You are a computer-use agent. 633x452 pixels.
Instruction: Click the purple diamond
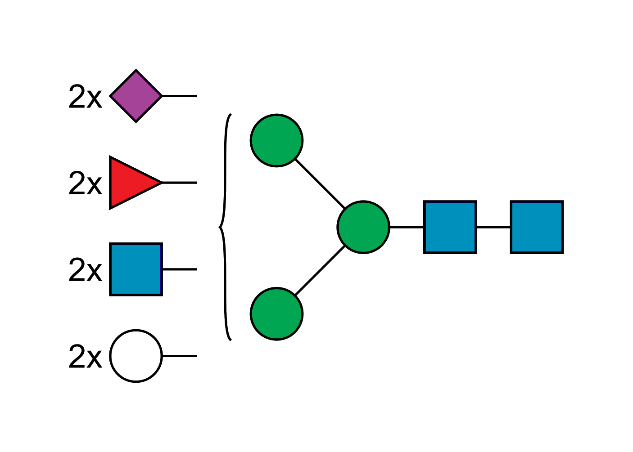point(136,96)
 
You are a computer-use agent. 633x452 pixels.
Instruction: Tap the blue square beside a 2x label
point(136,269)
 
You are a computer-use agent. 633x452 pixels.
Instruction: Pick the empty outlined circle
point(136,356)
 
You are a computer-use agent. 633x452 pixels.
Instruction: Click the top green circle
point(276,140)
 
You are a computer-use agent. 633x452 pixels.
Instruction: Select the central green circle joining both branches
point(363,227)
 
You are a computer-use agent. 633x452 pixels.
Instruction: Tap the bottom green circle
point(276,313)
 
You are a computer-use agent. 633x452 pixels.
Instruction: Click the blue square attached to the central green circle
point(450,227)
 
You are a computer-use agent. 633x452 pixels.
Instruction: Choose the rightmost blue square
point(537,227)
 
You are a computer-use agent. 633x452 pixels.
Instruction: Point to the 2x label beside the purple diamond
point(85,96)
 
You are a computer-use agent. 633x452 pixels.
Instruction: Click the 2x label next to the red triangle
point(85,183)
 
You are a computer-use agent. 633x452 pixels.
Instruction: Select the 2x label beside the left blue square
point(85,270)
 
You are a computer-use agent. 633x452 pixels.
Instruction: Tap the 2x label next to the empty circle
point(85,356)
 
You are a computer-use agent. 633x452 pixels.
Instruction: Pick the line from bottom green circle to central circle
point(320,271)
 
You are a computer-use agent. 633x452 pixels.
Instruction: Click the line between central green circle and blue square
point(407,228)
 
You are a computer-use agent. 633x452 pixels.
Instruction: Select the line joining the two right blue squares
point(493,228)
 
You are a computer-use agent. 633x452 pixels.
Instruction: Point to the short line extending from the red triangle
point(179,183)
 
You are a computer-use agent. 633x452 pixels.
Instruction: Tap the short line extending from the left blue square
point(180,269)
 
